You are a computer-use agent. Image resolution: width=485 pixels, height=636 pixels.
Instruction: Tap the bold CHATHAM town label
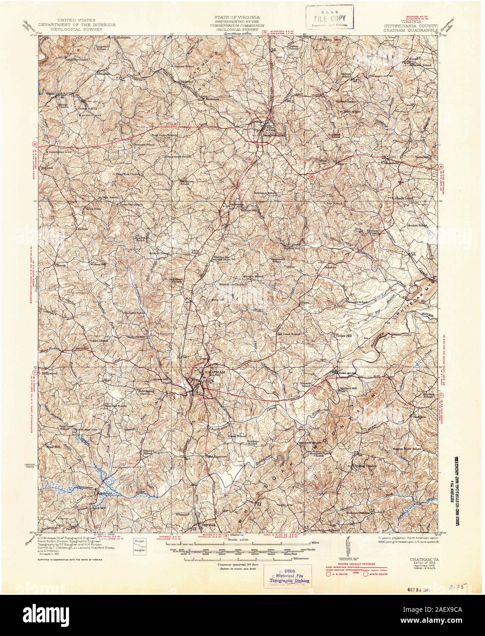point(210,372)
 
